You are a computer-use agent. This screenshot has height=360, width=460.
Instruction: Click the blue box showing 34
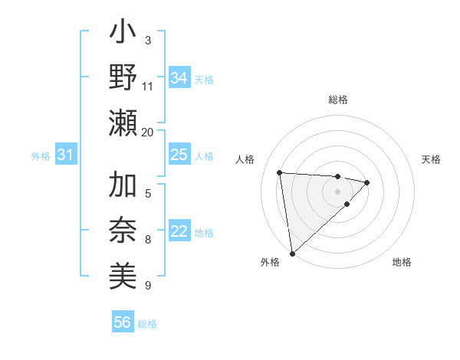click(179, 77)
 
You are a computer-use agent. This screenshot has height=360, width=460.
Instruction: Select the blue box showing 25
click(179, 155)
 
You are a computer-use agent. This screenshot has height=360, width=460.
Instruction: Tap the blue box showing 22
click(179, 232)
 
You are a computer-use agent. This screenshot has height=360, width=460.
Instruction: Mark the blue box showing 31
click(65, 155)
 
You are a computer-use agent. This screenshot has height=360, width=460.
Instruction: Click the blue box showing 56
click(122, 322)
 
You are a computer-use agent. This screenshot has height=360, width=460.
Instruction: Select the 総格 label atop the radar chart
click(337, 100)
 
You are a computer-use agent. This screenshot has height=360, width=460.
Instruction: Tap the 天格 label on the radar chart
click(431, 159)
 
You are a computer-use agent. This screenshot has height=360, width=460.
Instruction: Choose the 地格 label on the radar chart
click(402, 262)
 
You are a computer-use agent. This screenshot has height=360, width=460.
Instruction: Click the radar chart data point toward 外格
click(292, 253)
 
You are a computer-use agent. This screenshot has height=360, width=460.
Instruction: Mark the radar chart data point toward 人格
click(280, 172)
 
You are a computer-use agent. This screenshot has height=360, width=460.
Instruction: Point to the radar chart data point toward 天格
click(367, 182)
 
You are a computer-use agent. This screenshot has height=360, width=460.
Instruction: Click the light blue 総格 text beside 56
click(147, 323)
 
